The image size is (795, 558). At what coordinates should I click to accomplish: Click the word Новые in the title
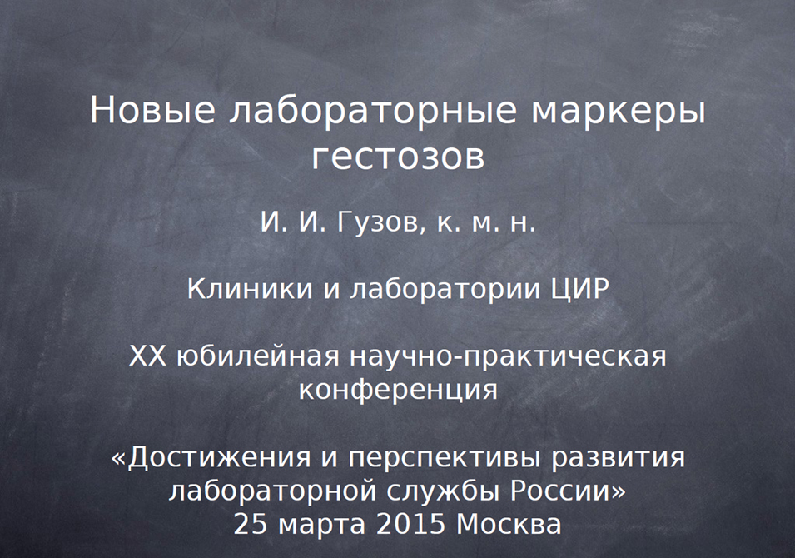click(152, 111)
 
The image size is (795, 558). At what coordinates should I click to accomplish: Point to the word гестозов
click(398, 157)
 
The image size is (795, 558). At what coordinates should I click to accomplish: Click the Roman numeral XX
click(147, 356)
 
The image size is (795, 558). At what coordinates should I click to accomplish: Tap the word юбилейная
click(258, 356)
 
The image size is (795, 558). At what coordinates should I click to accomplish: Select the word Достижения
click(219, 457)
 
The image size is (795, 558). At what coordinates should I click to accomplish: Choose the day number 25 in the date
click(251, 525)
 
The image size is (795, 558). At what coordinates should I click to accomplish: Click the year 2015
click(410, 525)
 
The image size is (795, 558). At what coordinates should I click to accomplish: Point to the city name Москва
click(509, 525)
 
